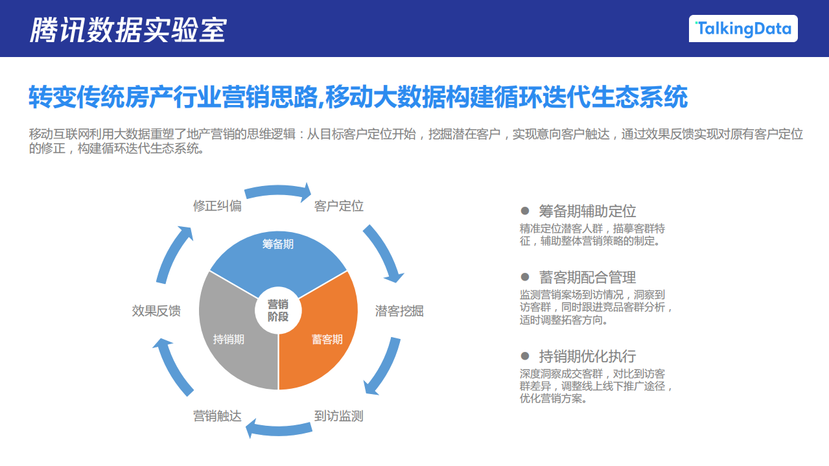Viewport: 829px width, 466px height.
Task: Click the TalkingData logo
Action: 743,29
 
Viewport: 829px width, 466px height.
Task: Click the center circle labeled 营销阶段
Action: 278,310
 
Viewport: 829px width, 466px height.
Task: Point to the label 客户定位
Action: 338,206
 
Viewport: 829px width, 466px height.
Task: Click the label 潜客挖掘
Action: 399,310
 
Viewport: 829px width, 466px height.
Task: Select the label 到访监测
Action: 338,416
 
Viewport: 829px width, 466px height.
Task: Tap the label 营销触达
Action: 217,416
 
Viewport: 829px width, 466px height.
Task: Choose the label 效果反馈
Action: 156,310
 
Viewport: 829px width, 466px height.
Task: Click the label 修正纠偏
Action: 217,206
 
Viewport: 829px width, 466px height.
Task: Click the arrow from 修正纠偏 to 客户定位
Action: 278,191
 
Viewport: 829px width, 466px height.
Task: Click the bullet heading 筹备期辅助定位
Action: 587,211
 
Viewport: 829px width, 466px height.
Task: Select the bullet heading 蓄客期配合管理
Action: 587,277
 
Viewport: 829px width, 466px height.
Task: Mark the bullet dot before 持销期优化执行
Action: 526,356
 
